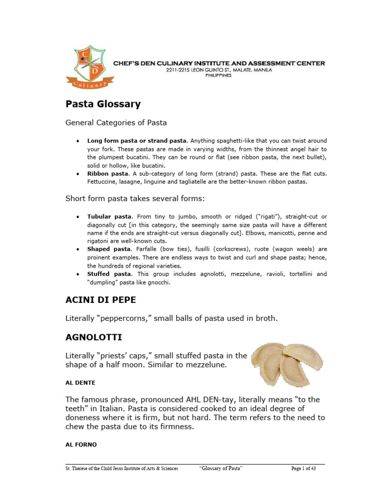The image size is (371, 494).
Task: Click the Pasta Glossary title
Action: [103, 104]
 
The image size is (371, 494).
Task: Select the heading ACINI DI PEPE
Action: [100, 300]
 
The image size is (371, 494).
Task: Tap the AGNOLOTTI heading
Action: [94, 337]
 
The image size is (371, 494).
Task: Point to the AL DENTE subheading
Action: [80, 383]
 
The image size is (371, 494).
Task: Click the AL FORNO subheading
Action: [81, 445]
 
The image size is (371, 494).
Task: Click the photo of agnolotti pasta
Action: [287, 364]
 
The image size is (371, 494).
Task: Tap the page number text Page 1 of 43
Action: [308, 468]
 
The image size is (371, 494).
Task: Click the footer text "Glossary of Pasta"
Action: [221, 468]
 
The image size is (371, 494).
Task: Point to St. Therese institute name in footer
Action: [122, 468]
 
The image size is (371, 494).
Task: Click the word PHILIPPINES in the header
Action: [218, 75]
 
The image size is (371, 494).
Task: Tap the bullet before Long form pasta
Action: [78, 141]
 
